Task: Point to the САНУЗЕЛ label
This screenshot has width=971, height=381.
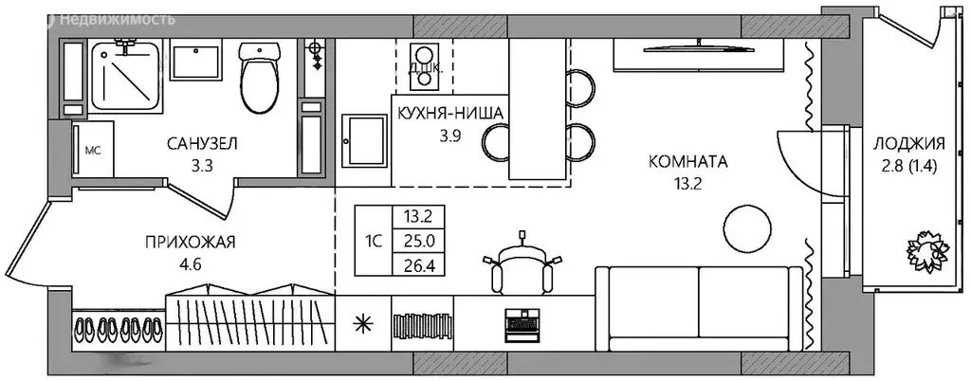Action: pos(202,143)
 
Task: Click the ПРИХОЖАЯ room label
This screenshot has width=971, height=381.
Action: pos(191,242)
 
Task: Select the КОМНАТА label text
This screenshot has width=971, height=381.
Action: pos(687,162)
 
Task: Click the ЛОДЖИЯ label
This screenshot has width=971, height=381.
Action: pos(910,144)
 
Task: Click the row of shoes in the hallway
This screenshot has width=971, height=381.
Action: pos(118,329)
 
